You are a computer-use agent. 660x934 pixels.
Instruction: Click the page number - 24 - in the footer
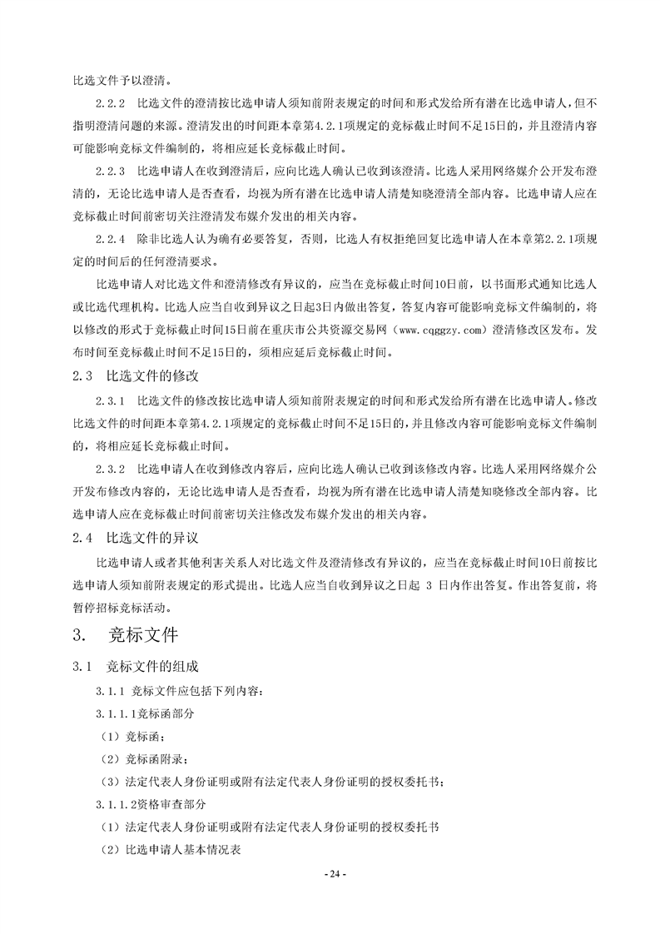[331, 875]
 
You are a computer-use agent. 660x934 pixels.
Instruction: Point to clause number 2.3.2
[111, 468]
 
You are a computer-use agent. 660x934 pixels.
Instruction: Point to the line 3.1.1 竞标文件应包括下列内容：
[179, 692]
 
